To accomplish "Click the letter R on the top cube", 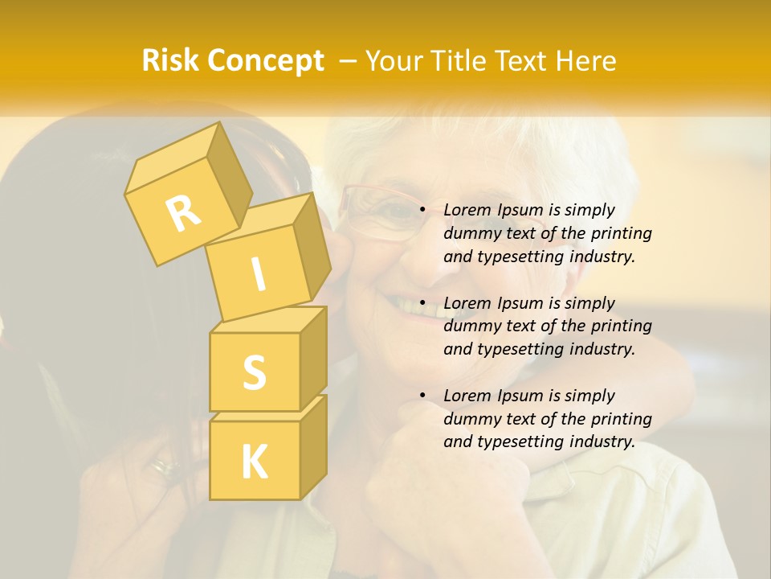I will [183, 212].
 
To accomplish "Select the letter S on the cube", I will [254, 372].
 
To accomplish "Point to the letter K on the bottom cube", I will [254, 462].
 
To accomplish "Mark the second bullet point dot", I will [422, 303].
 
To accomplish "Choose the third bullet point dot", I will [422, 396].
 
